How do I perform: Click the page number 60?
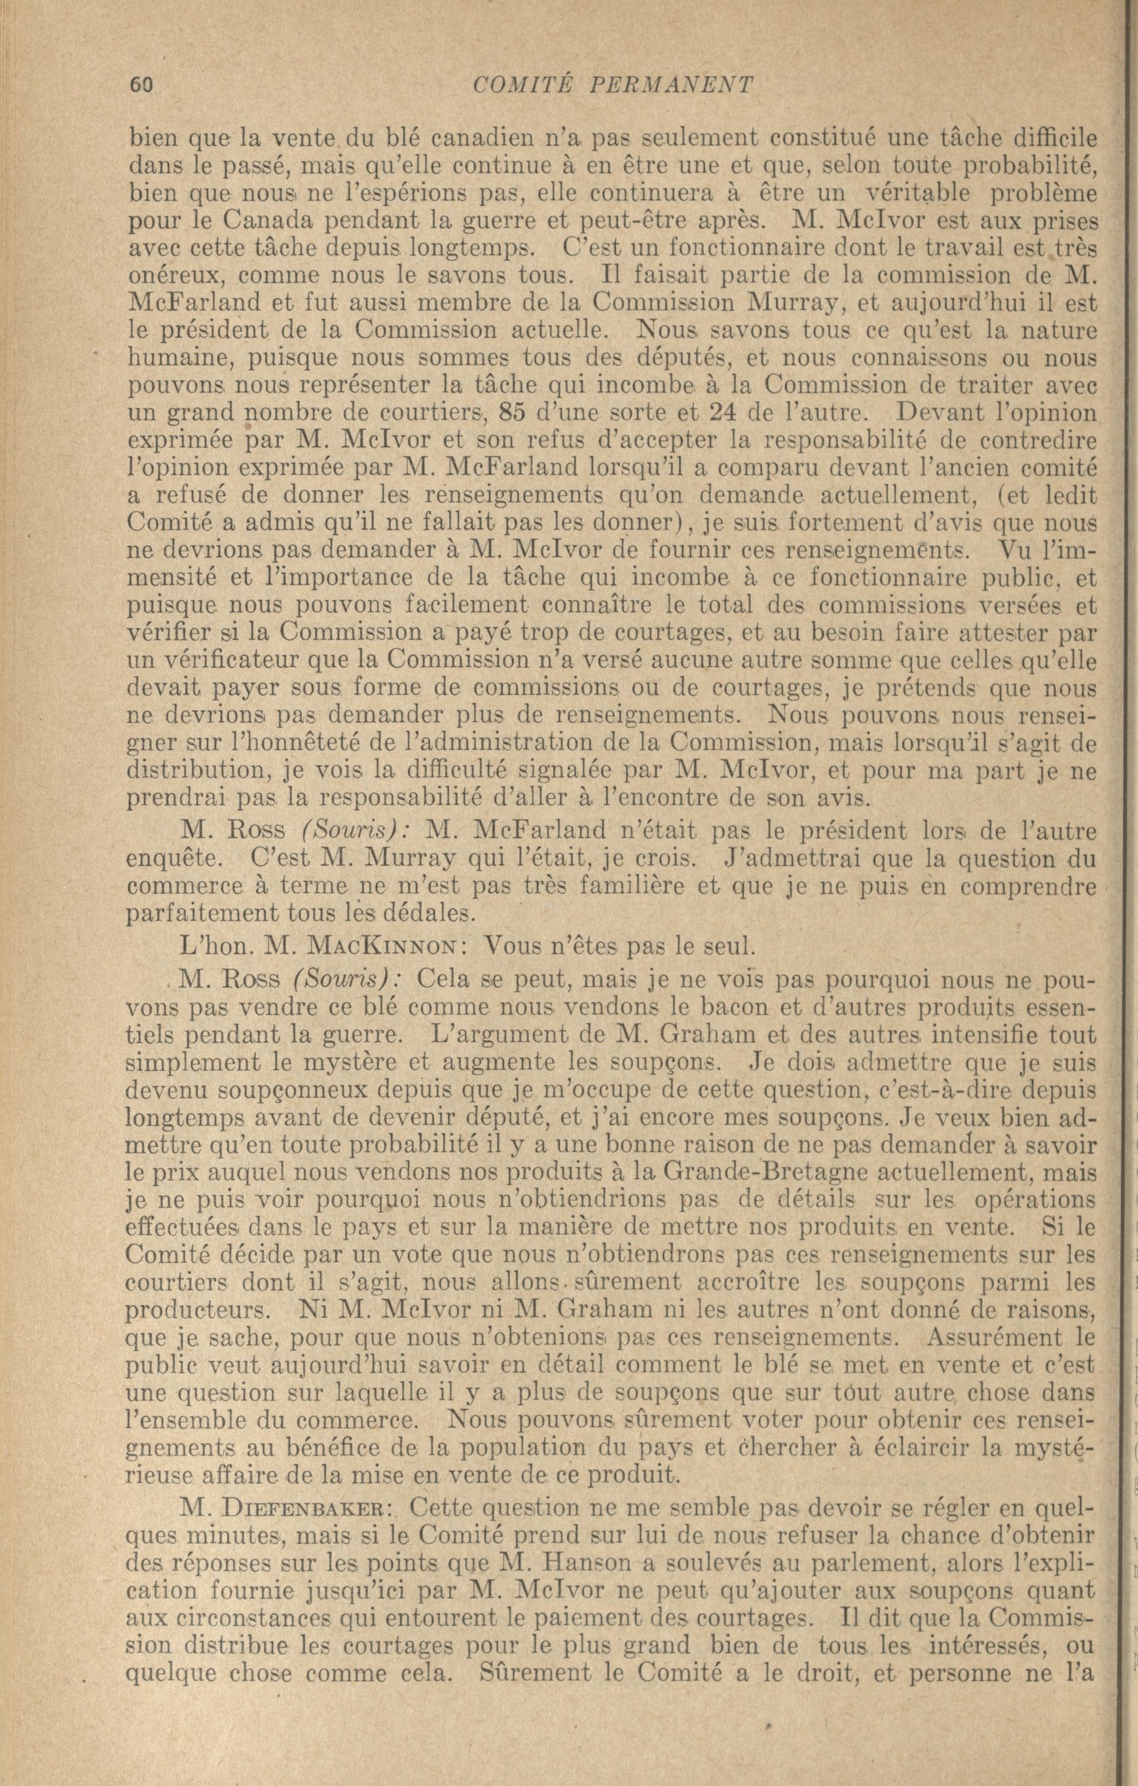(141, 84)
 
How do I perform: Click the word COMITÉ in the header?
(521, 84)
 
